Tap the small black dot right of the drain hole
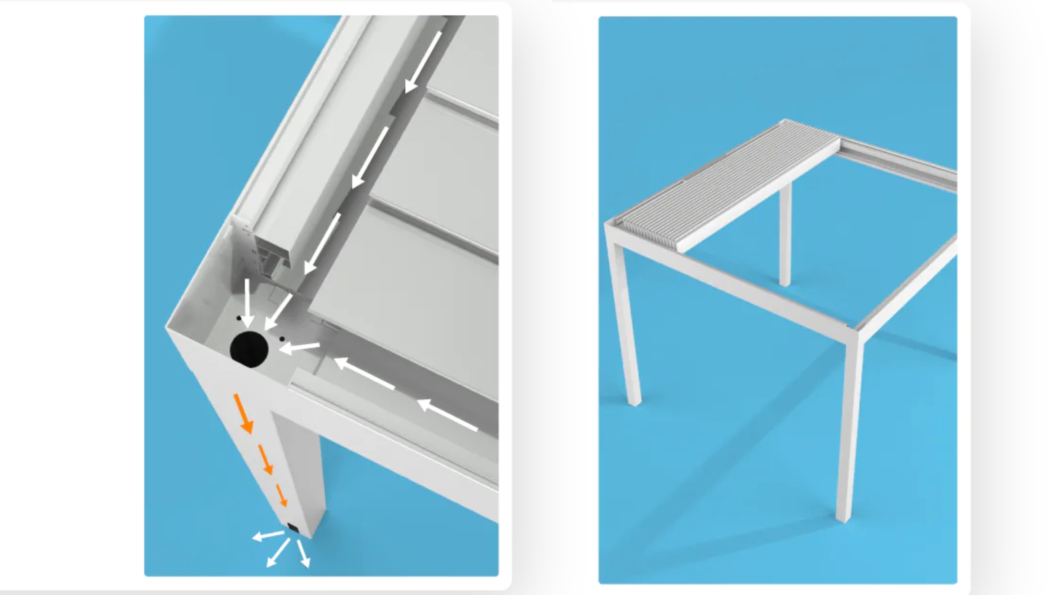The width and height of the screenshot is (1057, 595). pyautogui.click(x=282, y=339)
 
